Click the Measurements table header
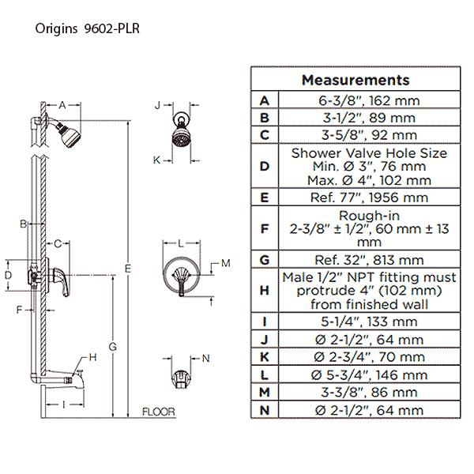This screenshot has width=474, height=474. click(x=355, y=80)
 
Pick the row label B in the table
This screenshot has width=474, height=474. click(x=265, y=118)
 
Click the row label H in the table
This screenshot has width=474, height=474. click(x=265, y=290)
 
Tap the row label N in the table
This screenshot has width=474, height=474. click(x=265, y=409)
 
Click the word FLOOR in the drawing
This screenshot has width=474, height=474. click(x=158, y=412)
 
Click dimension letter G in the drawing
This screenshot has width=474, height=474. click(x=112, y=346)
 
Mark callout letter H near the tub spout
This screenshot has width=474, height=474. click(x=92, y=357)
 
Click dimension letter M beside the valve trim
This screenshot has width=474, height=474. click(x=224, y=263)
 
